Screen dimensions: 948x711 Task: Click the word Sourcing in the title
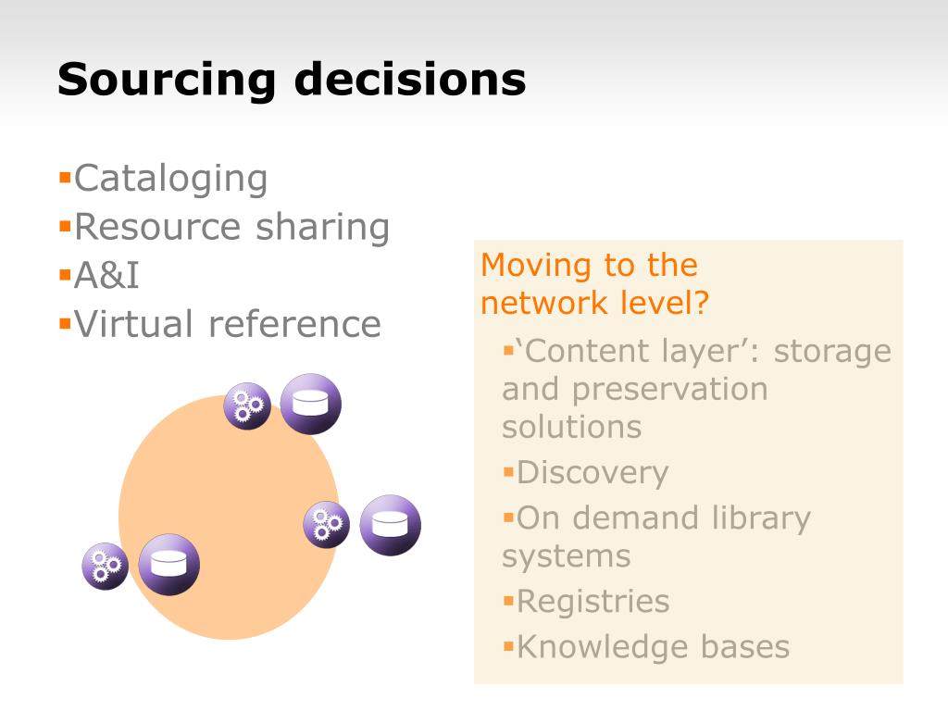point(167,80)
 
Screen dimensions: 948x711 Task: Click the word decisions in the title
point(410,79)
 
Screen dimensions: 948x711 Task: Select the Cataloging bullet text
point(170,180)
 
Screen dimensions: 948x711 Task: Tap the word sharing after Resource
point(322,228)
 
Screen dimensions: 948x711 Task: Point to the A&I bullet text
point(106,275)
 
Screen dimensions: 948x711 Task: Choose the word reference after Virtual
point(294,323)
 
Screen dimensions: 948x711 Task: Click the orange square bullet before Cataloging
point(66,178)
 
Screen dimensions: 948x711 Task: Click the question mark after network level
point(702,302)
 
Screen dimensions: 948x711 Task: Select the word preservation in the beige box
point(670,390)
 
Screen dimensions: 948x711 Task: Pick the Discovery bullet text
point(592,473)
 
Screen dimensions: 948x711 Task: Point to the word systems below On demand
point(567,556)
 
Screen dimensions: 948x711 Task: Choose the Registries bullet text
point(593,602)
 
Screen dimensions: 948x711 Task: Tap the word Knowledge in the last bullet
point(602,647)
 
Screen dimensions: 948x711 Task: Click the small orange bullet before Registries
point(508,600)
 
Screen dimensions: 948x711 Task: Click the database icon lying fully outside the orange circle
point(390,525)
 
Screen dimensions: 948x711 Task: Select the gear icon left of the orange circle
point(106,566)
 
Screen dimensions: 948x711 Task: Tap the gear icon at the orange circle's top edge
point(247,405)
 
